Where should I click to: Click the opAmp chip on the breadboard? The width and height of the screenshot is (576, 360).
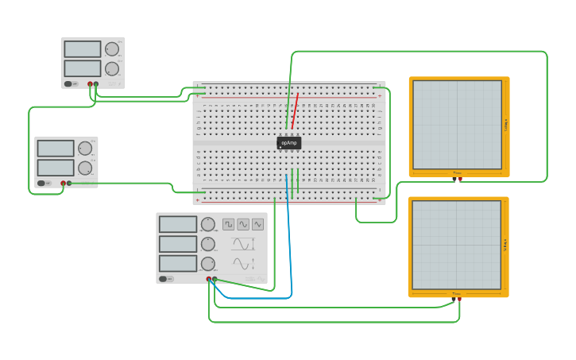[289, 143]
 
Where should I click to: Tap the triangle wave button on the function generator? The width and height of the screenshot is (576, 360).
[257, 224]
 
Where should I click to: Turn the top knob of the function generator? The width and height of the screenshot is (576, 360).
[208, 224]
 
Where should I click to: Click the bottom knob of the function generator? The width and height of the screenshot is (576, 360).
[208, 263]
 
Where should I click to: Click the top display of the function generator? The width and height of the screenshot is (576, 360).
[178, 224]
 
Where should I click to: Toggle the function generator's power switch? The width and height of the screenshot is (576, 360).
[163, 279]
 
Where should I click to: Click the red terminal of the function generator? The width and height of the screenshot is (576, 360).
[209, 279]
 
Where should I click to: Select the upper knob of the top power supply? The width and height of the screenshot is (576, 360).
[112, 49]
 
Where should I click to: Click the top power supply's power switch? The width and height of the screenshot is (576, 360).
[69, 83]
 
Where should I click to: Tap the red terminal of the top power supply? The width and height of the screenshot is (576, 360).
[90, 83]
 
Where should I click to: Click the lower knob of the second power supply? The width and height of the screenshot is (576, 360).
[85, 168]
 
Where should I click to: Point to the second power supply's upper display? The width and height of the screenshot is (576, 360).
[56, 149]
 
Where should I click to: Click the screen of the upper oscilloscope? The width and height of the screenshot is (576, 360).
[457, 124]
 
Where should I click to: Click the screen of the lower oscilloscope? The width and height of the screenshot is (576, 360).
[457, 245]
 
